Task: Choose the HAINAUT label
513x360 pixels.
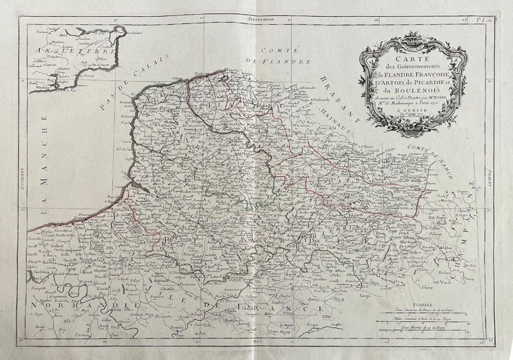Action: click(339, 120)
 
